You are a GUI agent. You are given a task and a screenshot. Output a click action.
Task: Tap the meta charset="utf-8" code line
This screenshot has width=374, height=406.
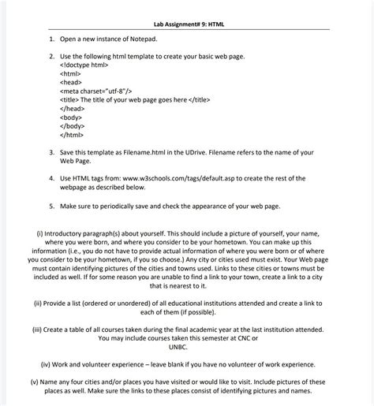[x=100, y=91]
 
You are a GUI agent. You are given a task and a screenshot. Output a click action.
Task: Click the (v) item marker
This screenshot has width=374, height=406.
[x=34, y=382]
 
